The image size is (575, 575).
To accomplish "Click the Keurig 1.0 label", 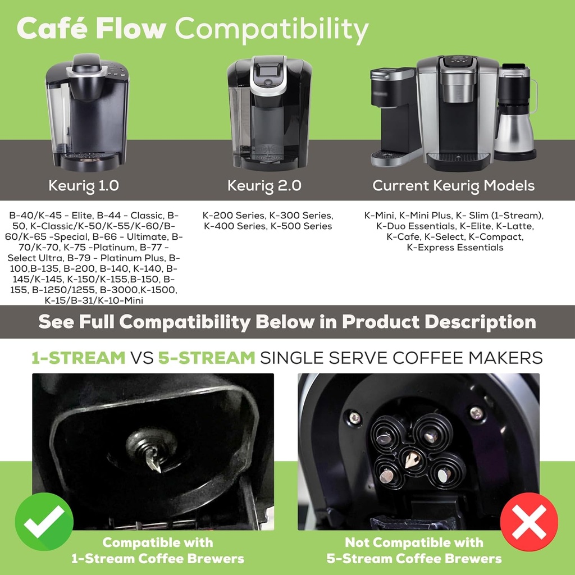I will pos(84,185).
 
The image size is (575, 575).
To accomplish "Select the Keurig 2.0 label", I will pos(264,185).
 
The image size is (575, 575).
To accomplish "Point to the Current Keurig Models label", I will pos(453,185).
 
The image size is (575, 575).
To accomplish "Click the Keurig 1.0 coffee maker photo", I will pos(86,112).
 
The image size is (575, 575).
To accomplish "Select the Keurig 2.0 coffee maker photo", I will pos(269,112).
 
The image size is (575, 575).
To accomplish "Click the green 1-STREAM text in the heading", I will pos(78,358).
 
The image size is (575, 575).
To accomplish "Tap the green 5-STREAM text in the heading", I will pos(206,358).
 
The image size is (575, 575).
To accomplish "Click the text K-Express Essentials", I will pos(454,247).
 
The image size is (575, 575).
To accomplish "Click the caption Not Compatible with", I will pos(413,542).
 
